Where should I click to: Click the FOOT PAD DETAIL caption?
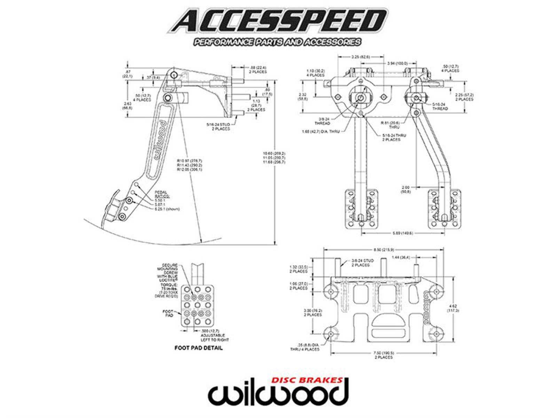199,348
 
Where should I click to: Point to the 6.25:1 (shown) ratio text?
168,209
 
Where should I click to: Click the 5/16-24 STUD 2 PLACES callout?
218,127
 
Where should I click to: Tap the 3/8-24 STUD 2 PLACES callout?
362,263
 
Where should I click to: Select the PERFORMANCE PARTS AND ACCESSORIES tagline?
277,42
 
